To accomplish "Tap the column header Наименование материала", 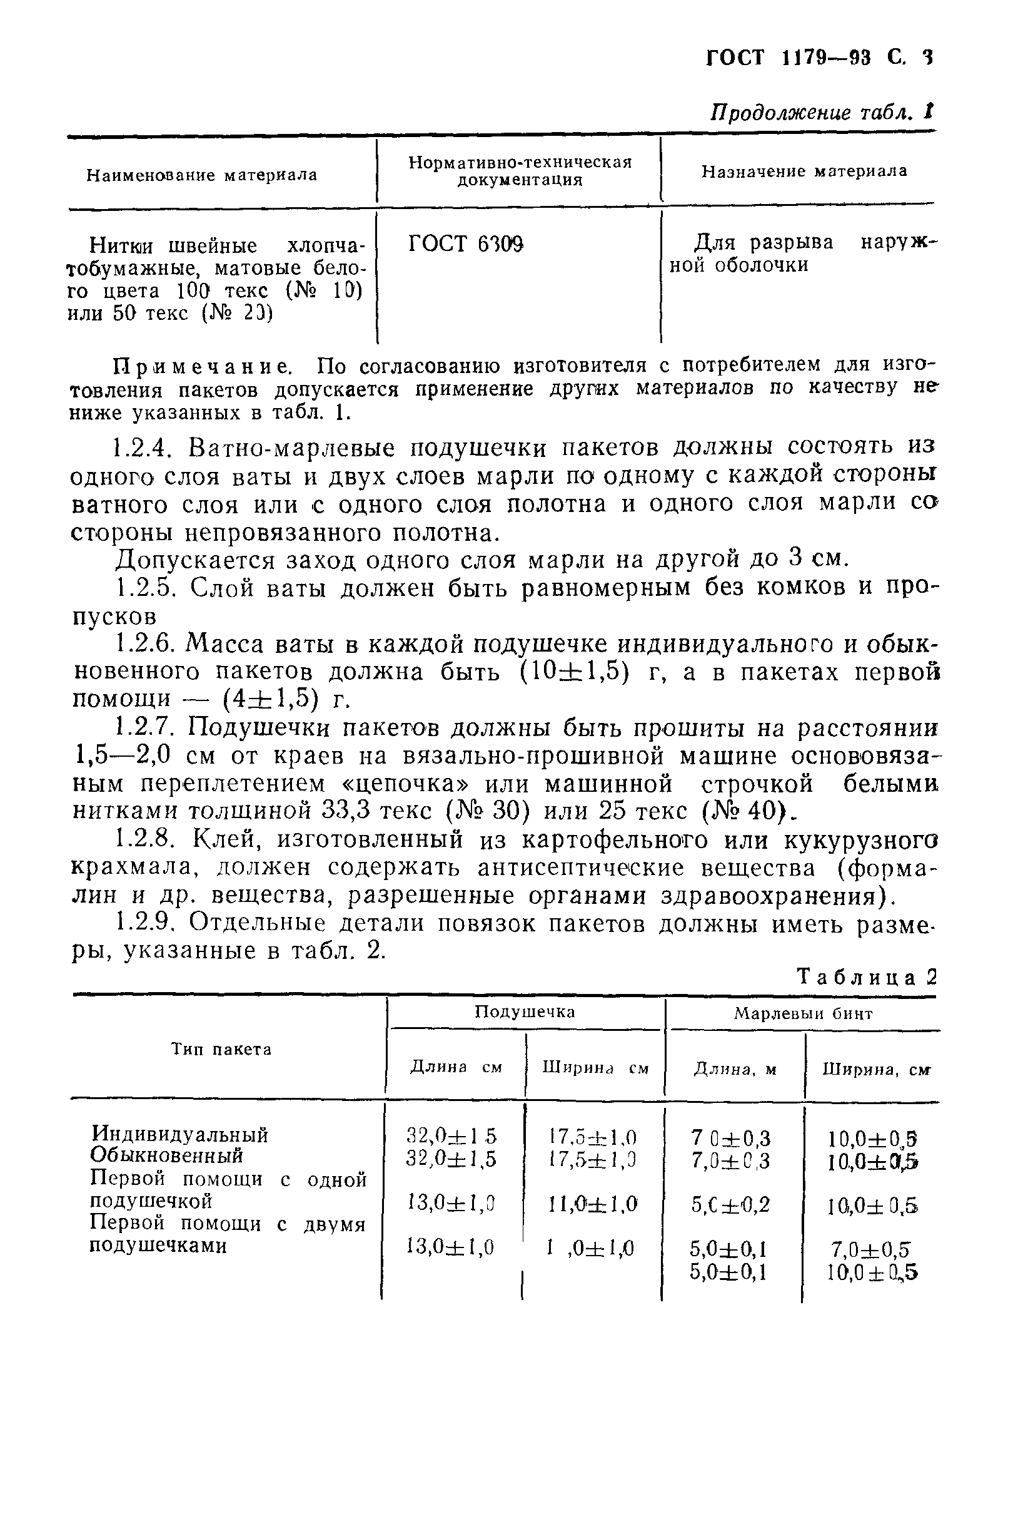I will (x=201, y=176).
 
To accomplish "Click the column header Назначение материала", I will (x=804, y=172).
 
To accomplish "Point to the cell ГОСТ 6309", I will (x=465, y=245).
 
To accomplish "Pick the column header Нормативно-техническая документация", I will (x=519, y=172).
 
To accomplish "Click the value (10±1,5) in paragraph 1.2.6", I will (x=574, y=672).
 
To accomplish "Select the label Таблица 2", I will (x=867, y=978).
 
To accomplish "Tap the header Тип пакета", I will (x=221, y=1050).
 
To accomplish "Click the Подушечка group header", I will (x=525, y=1012).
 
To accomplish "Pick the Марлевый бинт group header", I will (x=802, y=1014).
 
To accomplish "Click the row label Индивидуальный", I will (x=180, y=1134).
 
